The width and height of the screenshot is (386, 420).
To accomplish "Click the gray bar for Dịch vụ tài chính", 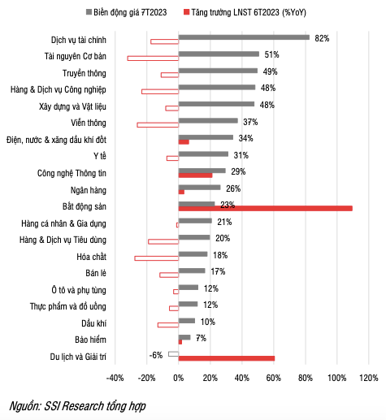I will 244,37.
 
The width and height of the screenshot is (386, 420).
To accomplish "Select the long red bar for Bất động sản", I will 265,208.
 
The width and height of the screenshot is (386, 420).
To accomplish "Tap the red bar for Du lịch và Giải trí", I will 227,358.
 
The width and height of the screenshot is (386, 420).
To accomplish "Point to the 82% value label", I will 323,37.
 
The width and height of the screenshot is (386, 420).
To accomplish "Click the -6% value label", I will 156,354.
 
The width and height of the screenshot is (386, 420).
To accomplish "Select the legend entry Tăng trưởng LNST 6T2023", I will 252,13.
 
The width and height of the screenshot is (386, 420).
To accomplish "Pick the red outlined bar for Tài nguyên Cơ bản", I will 154,58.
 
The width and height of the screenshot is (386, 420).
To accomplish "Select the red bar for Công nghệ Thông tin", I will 195,175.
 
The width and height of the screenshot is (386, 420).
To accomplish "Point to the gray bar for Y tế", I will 203,154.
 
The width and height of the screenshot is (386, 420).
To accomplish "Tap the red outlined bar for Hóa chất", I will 157,258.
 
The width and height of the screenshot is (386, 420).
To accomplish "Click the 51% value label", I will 271,54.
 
